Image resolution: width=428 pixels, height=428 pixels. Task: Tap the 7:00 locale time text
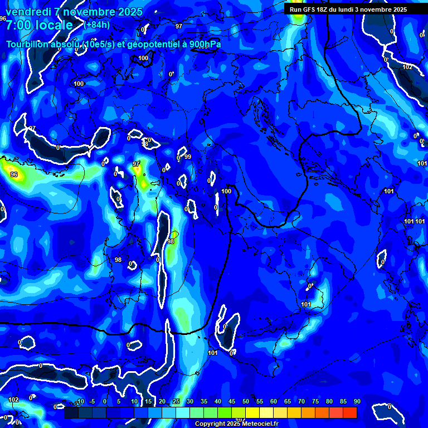(39, 25)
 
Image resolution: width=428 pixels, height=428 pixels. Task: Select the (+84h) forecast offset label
(96, 25)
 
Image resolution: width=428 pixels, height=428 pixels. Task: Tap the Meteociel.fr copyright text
(236, 424)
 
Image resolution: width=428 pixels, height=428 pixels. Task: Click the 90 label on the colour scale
(357, 402)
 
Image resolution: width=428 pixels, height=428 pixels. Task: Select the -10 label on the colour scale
(79, 402)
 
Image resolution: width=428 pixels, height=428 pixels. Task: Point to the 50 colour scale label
(245, 402)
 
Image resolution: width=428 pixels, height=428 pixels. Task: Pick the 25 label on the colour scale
(176, 402)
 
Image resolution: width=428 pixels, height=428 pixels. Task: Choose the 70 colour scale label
(301, 402)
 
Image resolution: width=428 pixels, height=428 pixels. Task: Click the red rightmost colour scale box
(349, 413)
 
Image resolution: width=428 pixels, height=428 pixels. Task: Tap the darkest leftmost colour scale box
(71, 413)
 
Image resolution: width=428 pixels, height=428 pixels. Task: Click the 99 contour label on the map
(188, 157)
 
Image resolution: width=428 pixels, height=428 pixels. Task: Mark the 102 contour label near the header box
(407, 67)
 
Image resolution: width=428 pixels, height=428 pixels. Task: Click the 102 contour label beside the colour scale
(13, 400)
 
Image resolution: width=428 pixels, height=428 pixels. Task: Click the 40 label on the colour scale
(217, 402)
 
